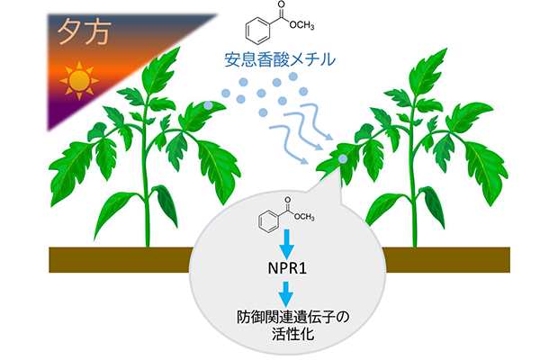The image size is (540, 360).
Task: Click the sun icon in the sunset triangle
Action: [79, 81]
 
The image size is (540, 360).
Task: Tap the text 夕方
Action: [85, 32]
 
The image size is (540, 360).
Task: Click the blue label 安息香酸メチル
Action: [280, 59]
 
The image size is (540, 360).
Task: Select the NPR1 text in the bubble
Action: [287, 268]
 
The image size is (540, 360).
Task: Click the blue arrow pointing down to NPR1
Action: [287, 244]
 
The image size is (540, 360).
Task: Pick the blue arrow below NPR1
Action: [286, 294]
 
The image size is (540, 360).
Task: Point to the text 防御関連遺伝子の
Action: [293, 317]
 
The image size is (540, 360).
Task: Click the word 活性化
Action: [293, 334]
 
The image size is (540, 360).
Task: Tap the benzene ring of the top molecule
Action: [257, 31]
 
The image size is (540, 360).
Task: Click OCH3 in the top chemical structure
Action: [301, 25]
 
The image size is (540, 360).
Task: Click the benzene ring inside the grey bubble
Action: [268, 220]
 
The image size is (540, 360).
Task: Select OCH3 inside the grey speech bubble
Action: [304, 217]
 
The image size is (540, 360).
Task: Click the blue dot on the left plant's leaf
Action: [208, 105]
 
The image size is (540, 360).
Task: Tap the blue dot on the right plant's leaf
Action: [343, 158]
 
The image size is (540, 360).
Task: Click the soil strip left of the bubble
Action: [121, 260]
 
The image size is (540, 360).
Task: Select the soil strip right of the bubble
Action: [445, 260]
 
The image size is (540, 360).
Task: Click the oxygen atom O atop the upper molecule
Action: [282, 4]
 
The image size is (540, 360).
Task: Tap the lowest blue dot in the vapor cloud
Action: [263, 112]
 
